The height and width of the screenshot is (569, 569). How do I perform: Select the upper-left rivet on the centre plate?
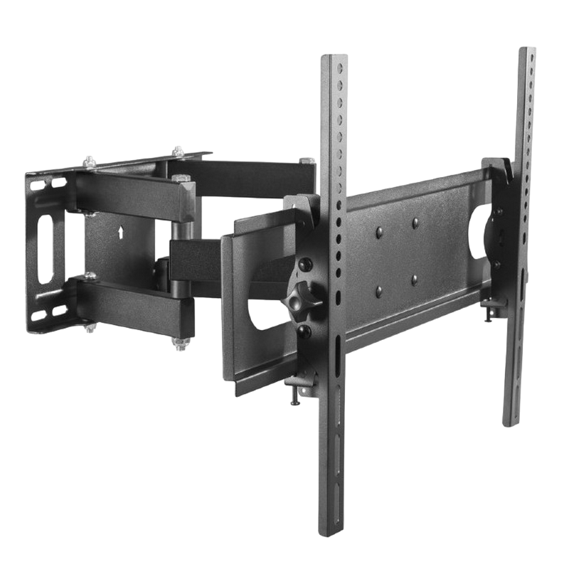pyautogui.click(x=378, y=232)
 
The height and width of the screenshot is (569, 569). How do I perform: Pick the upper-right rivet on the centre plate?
pyautogui.click(x=415, y=223)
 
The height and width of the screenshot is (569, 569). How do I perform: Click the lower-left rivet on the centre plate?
pyautogui.click(x=378, y=289)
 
